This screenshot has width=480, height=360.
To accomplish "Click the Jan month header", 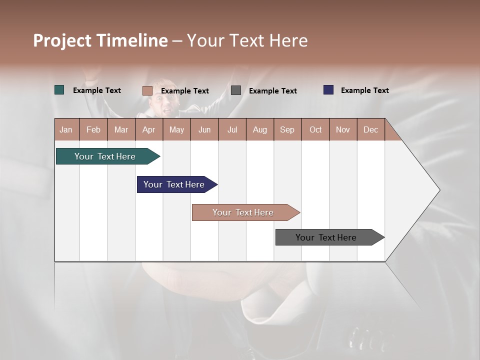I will [x=66, y=129].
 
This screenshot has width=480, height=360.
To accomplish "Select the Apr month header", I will [x=148, y=129].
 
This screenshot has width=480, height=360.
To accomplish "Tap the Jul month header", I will [x=232, y=129].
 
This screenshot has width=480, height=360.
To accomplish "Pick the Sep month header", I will [x=287, y=129].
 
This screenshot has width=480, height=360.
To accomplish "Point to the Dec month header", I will [x=370, y=129].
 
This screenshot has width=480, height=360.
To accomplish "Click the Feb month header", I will [x=93, y=129].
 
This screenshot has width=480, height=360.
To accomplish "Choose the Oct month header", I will [x=315, y=129].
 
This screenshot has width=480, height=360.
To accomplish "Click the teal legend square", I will [x=59, y=90].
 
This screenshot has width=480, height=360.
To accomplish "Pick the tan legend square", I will [x=147, y=90].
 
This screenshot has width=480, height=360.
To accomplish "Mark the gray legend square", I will [x=236, y=90].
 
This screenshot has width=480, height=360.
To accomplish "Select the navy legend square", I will [x=328, y=90].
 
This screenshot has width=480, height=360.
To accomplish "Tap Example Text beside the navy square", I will [x=364, y=90].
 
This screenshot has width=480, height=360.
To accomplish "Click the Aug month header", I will [x=259, y=129].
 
